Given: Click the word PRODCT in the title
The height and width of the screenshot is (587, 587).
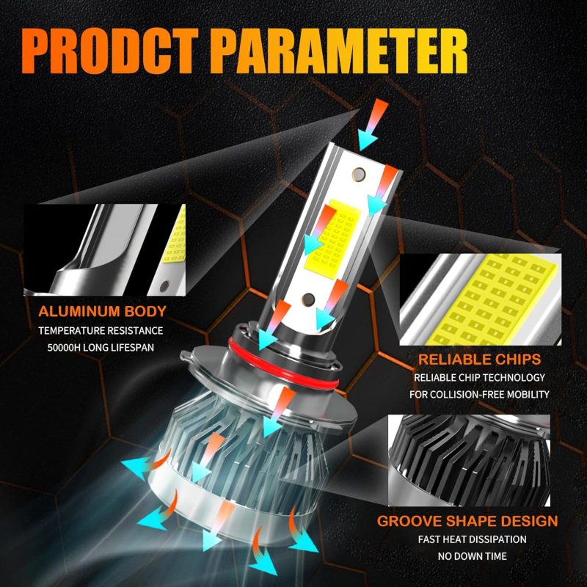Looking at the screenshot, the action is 110,51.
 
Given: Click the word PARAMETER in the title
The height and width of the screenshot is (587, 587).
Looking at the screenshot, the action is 341,51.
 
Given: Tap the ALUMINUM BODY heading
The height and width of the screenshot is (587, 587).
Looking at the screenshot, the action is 102,311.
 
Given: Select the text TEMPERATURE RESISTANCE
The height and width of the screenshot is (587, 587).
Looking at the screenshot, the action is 101,331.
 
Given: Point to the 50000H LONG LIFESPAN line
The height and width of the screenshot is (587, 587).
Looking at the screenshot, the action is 101,348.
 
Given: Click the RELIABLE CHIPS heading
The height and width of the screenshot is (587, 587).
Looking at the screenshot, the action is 480,360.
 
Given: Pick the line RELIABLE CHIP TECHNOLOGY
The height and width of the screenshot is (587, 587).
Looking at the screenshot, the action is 480,378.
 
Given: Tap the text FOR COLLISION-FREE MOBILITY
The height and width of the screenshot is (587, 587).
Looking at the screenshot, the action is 480,395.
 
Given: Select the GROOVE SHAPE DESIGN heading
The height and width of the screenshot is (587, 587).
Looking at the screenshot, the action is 467,521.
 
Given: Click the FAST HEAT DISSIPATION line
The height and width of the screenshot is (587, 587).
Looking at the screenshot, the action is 472,539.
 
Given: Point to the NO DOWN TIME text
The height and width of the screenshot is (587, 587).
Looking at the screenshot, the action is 472,556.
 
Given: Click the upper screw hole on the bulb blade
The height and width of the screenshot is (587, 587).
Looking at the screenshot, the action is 359,174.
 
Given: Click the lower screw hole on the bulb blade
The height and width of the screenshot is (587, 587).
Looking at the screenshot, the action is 308,299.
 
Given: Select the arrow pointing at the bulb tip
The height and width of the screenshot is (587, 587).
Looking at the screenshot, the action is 371,124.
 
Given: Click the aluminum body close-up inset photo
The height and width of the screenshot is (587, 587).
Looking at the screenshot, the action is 104,249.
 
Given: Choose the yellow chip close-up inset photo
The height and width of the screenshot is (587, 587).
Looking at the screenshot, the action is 481,299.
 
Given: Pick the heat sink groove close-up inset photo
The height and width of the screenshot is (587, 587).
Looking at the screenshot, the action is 470,460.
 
